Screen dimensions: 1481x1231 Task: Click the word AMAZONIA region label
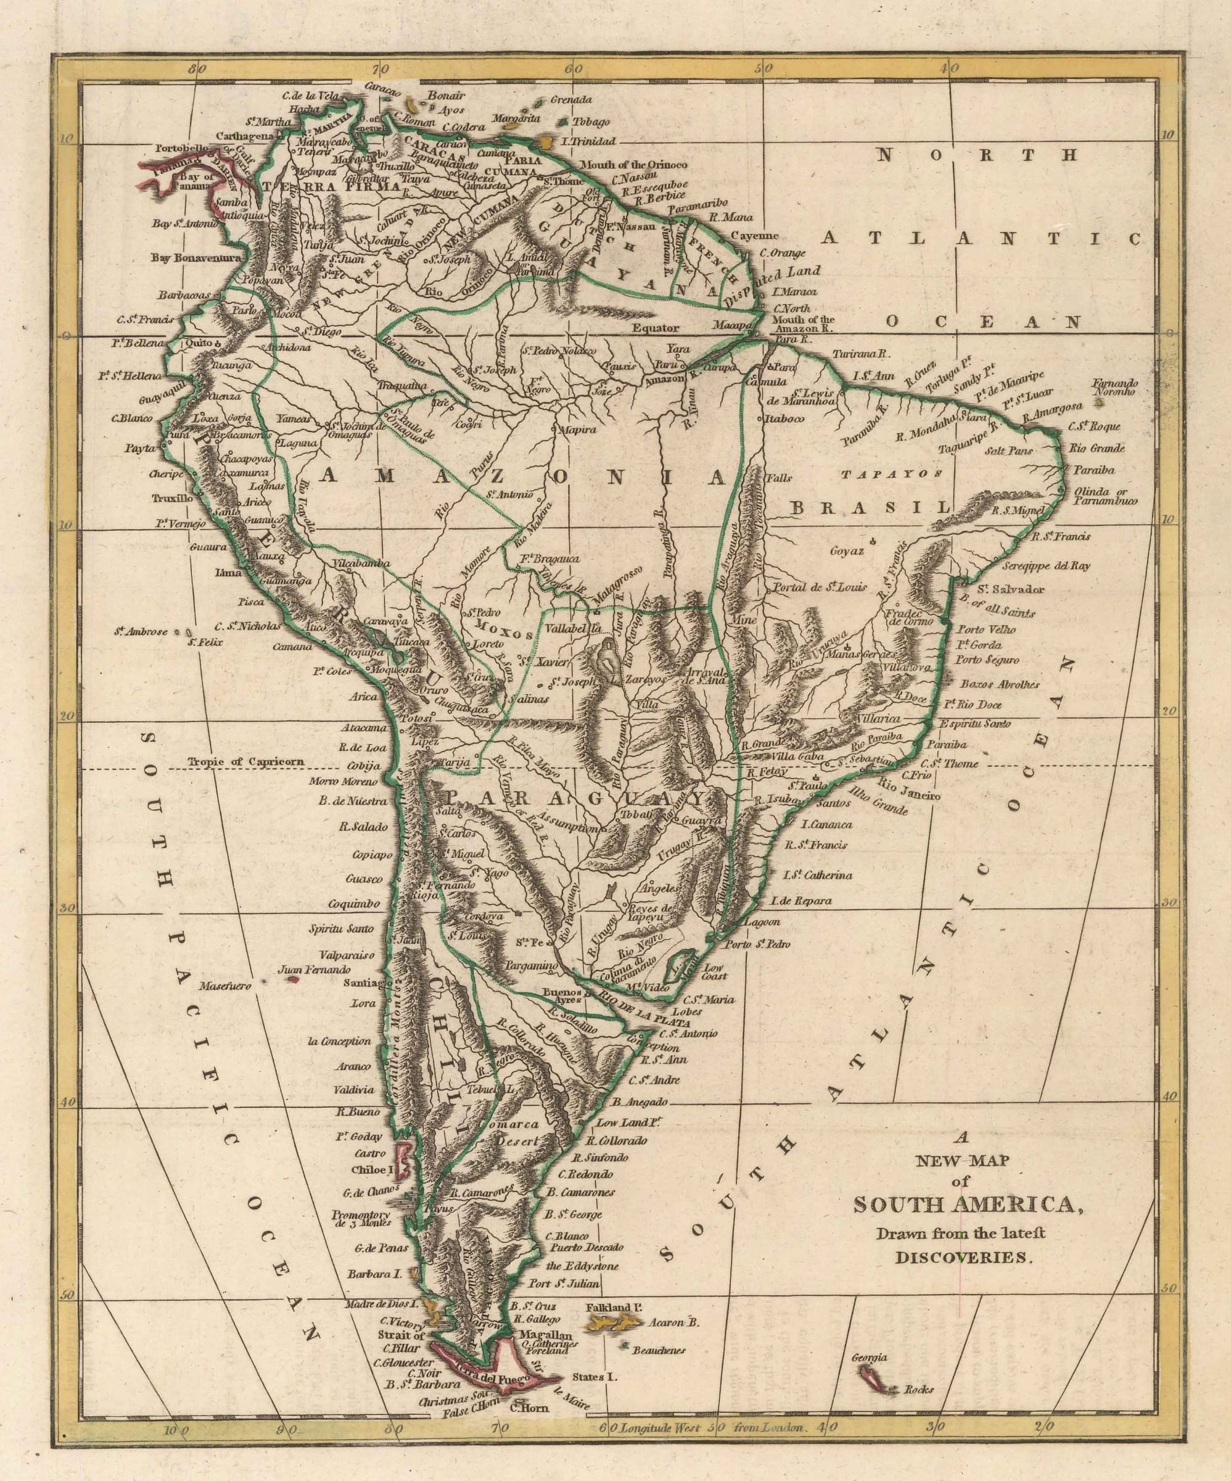523,477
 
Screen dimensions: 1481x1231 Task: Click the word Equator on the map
655,327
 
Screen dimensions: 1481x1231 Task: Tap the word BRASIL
871,507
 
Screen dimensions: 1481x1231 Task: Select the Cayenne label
754,236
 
